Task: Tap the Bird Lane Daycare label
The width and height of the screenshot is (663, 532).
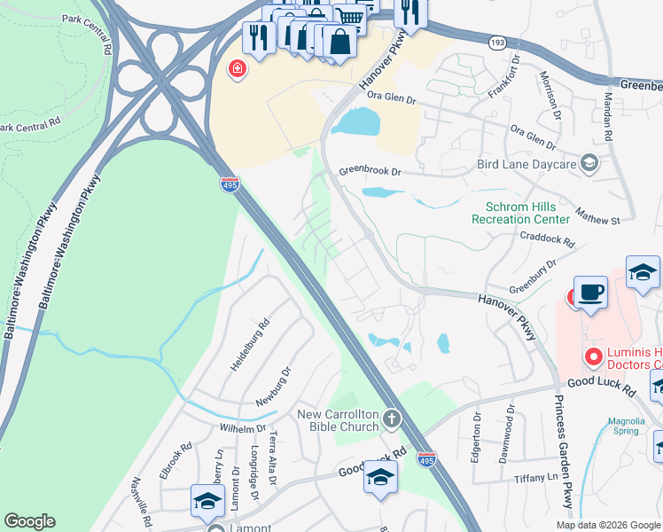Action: tap(526, 164)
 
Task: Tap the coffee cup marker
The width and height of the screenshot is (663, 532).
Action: tap(590, 292)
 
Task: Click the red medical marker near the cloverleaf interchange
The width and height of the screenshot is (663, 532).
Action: tap(237, 68)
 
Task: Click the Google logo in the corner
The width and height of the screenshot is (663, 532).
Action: tap(29, 521)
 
